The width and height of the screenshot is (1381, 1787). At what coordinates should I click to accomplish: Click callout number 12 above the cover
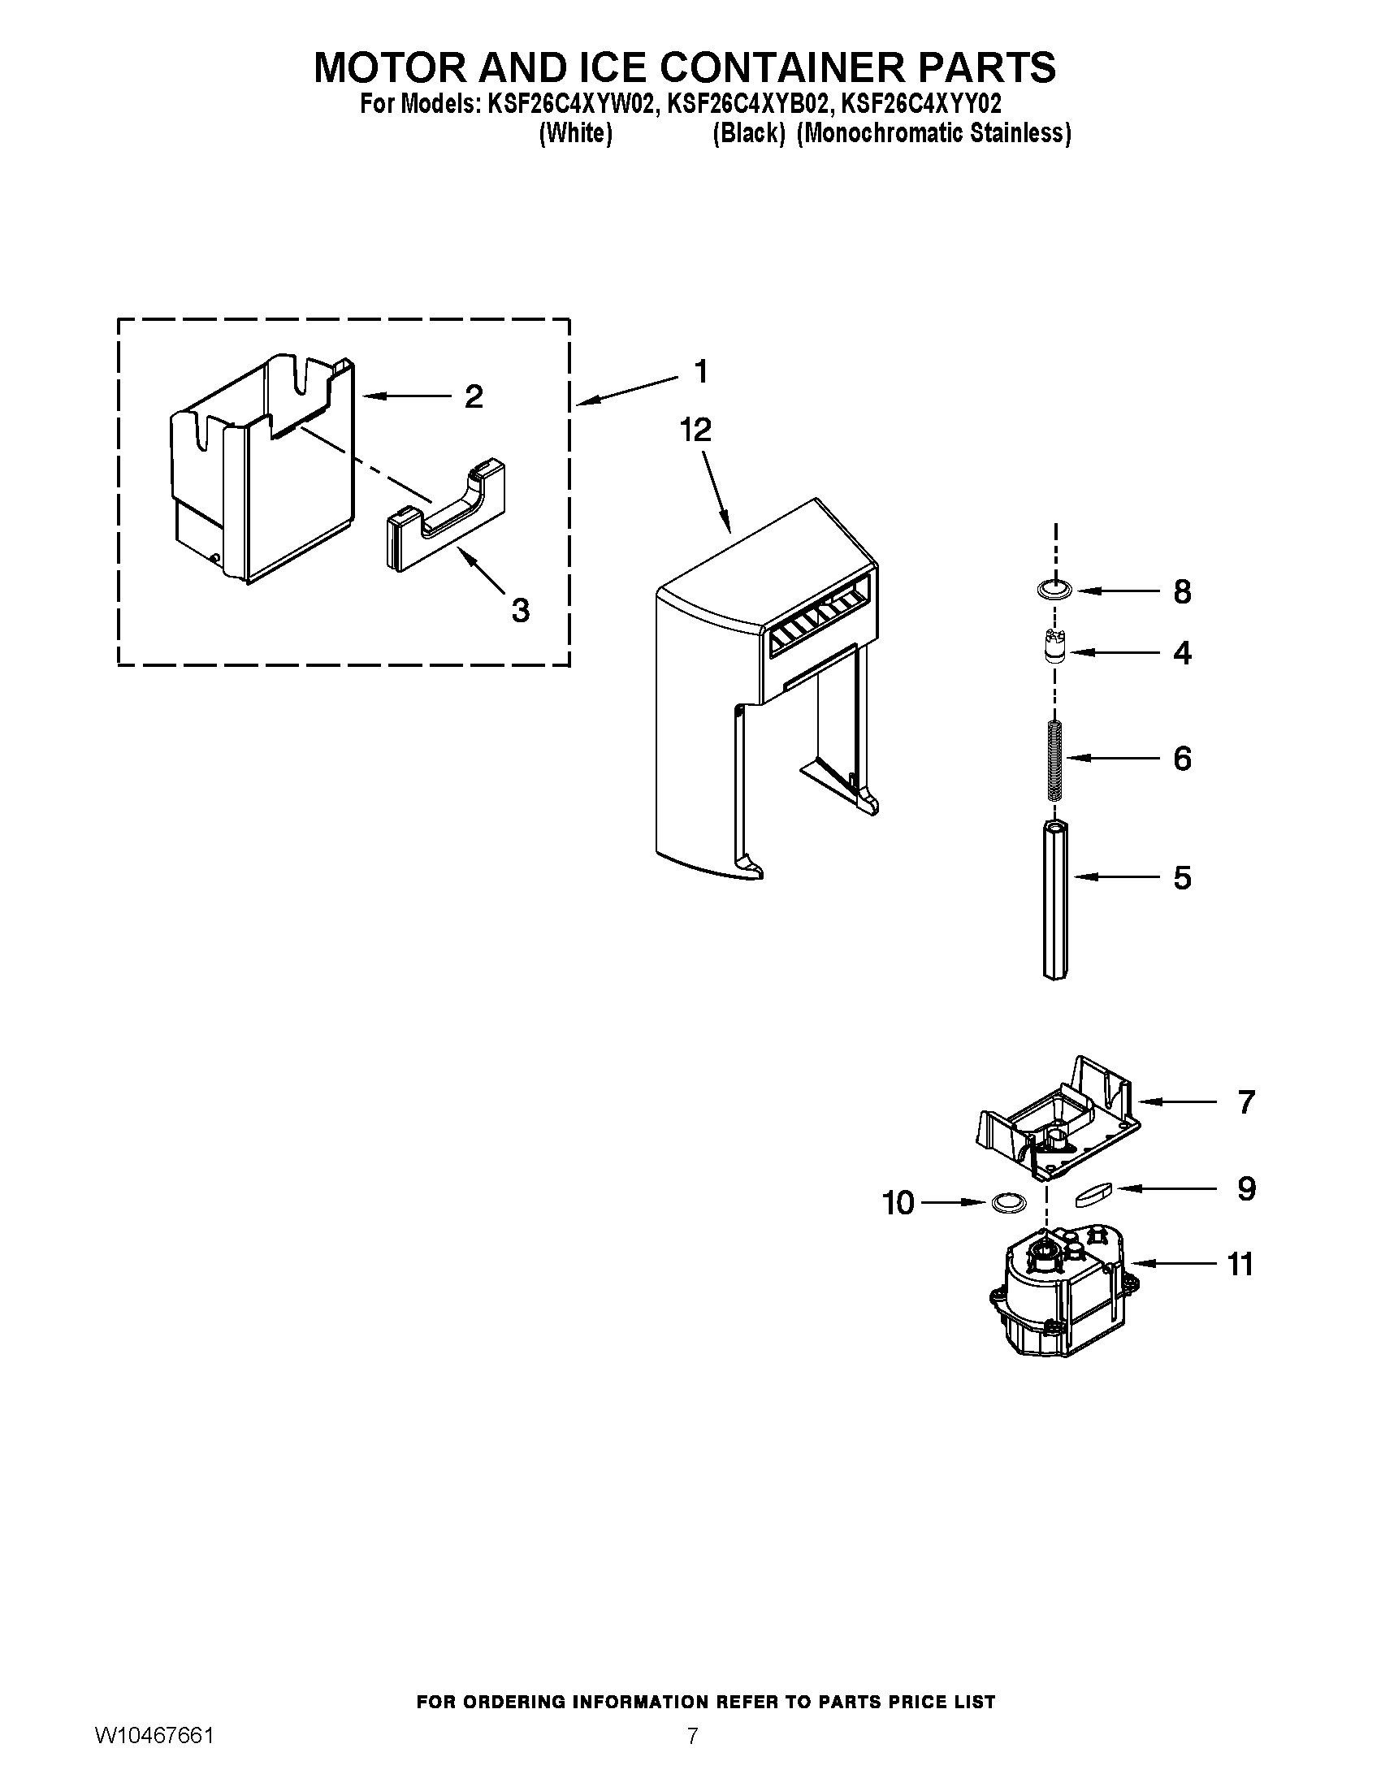pyautogui.click(x=695, y=431)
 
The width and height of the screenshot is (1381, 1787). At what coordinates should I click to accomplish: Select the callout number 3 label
pyautogui.click(x=521, y=609)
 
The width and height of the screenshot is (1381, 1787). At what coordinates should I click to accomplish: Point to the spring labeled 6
pyautogui.click(x=1055, y=759)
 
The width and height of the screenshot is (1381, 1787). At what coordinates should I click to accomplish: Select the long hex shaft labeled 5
pyautogui.click(x=1055, y=900)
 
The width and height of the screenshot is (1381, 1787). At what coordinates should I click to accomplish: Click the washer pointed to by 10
pyautogui.click(x=1008, y=1203)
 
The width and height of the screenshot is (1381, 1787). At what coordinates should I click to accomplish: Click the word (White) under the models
pyautogui.click(x=575, y=133)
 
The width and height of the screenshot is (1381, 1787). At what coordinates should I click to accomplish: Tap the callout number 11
pyautogui.click(x=1240, y=1264)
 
